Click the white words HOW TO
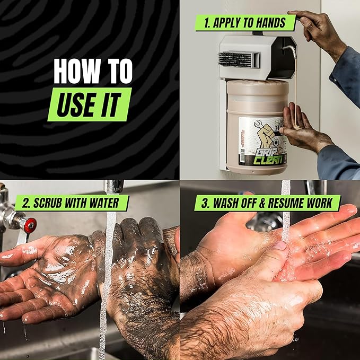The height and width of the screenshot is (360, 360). click(92, 71)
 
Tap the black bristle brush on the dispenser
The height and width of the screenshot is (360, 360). click(235, 58)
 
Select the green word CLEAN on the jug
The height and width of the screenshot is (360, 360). click(264, 157)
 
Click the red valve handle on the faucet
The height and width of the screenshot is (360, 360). click(30, 225)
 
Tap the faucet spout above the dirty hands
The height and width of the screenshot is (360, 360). click(113, 187)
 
